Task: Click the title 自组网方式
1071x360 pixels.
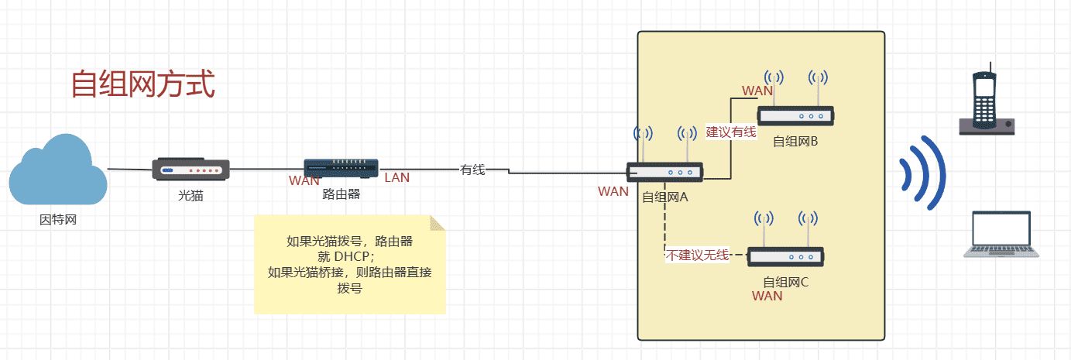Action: pyautogui.click(x=142, y=84)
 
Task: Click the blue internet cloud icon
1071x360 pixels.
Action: pyautogui.click(x=58, y=171)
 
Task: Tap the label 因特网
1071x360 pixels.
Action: pyautogui.click(x=58, y=220)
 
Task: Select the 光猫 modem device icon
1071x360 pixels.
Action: pyautogui.click(x=191, y=169)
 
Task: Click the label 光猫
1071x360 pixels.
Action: pyautogui.click(x=191, y=195)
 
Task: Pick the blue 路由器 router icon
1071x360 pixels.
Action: pyautogui.click(x=342, y=168)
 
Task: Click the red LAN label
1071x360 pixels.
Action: pyautogui.click(x=397, y=178)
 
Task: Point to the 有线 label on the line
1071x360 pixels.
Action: pyautogui.click(x=472, y=170)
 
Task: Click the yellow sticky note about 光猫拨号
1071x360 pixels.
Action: pyautogui.click(x=350, y=265)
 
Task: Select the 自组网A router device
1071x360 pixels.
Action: pyautogui.click(x=664, y=172)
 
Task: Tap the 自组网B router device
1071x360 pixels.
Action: pyautogui.click(x=795, y=116)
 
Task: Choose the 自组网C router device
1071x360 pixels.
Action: pyautogui.click(x=785, y=256)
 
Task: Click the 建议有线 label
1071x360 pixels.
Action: pyautogui.click(x=730, y=132)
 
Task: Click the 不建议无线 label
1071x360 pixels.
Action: pyautogui.click(x=698, y=255)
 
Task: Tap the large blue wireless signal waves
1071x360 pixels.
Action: pyautogui.click(x=923, y=174)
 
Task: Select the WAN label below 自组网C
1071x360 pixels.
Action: pyautogui.click(x=767, y=296)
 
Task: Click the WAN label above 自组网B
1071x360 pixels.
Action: pyautogui.click(x=757, y=91)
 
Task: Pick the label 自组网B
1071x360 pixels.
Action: pyautogui.click(x=795, y=142)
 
